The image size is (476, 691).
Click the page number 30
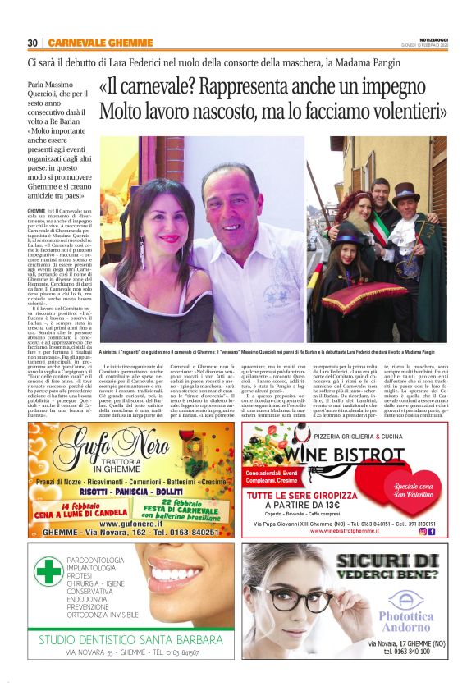pyautogui.click(x=33, y=43)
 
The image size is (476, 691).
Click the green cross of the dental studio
pyautogui.click(x=49, y=572)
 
